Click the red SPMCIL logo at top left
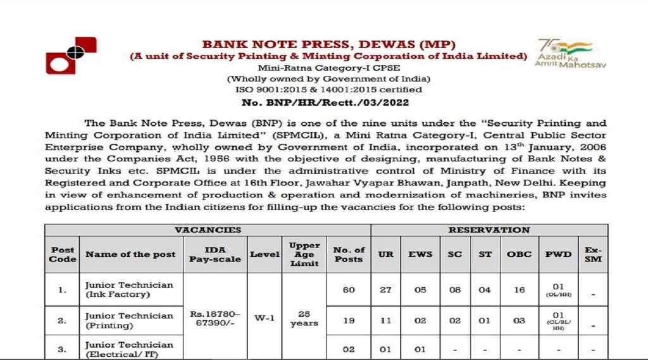70,56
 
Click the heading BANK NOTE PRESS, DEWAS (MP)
328,44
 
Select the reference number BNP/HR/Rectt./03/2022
328,102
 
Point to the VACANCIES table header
208,230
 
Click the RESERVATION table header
489,230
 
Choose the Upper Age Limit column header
304,254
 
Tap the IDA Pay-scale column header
215,254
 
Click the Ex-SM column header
593,254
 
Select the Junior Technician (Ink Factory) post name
129,290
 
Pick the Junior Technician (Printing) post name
129,321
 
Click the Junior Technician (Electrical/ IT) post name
129,349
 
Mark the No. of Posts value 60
349,290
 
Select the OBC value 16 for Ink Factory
519,290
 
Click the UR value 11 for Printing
386,321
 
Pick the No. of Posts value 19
349,321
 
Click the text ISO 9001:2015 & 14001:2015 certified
328,90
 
